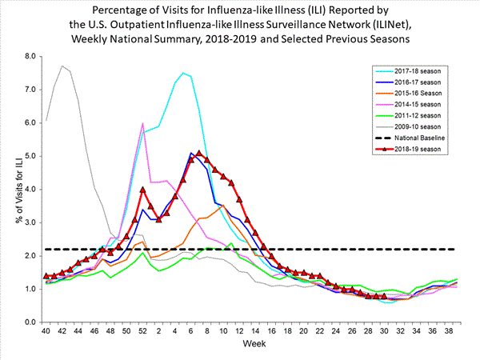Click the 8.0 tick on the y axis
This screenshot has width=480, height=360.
pyautogui.click(x=30, y=56)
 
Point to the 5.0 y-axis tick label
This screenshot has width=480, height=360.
pyautogui.click(x=30, y=156)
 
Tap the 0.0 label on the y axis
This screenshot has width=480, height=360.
pyautogui.click(x=30, y=322)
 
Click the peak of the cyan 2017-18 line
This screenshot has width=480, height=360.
pyautogui.click(x=183, y=73)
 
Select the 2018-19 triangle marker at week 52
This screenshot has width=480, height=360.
pyautogui.click(x=142, y=190)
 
